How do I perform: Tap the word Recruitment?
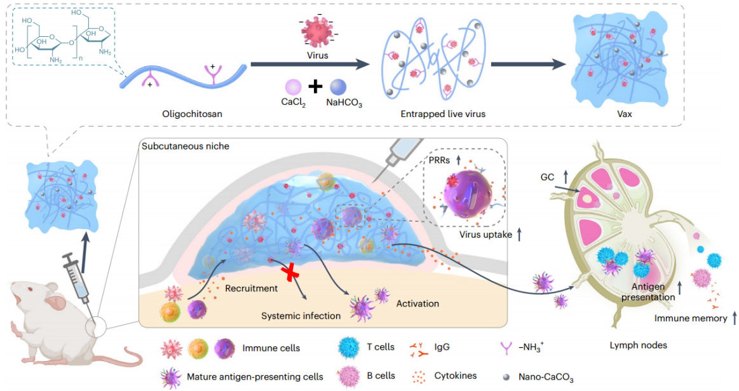(251, 289)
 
